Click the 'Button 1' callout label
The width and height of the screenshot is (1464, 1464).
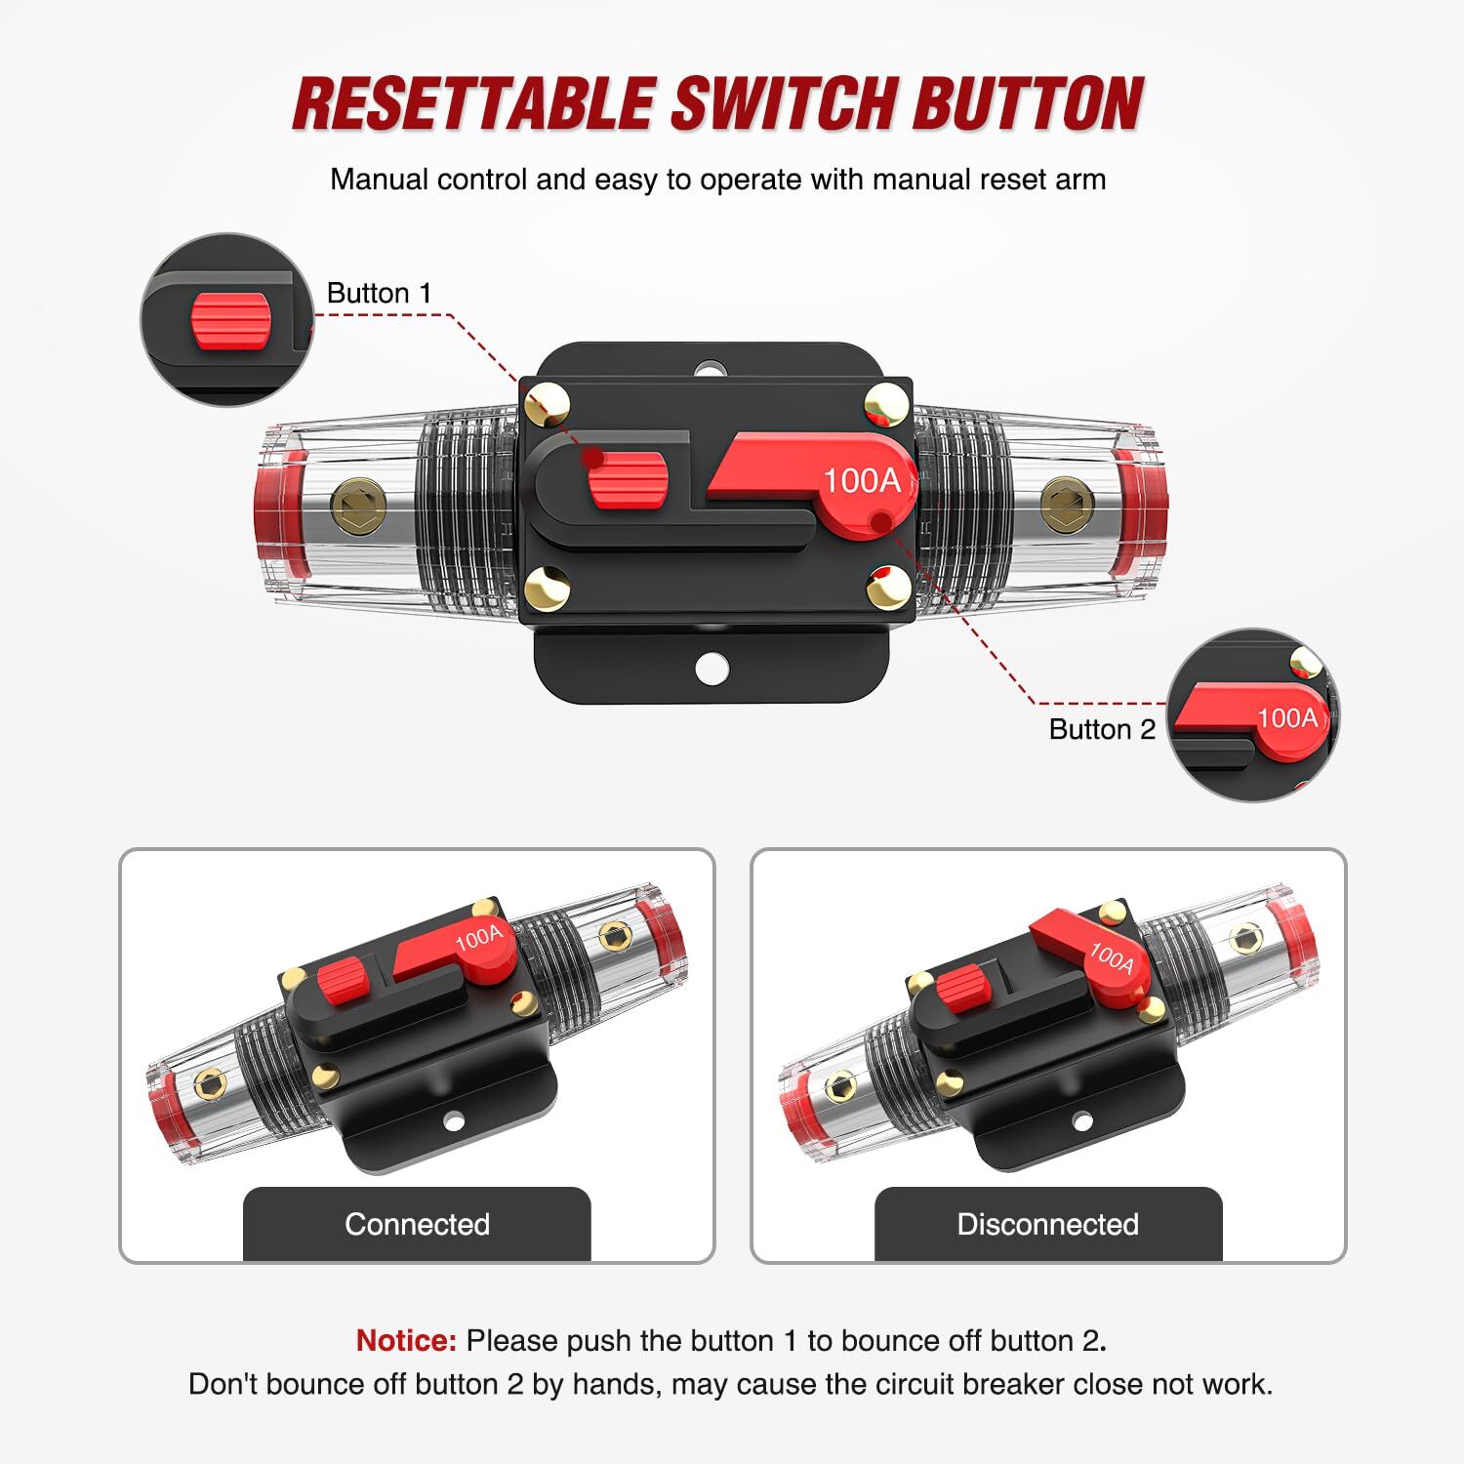click(379, 293)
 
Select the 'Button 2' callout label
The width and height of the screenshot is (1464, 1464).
click(1102, 729)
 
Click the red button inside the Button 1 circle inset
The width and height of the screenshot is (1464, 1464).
click(230, 320)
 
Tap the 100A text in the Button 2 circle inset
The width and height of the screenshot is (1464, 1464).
click(1287, 718)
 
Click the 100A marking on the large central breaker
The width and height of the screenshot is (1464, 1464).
click(861, 481)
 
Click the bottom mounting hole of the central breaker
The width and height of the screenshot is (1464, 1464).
click(712, 668)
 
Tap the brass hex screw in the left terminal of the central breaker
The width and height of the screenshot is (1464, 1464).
click(358, 505)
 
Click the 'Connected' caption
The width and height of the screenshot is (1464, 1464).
click(417, 1224)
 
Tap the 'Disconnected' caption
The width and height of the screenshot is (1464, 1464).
click(1047, 1224)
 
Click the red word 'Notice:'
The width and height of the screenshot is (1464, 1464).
click(406, 1340)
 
